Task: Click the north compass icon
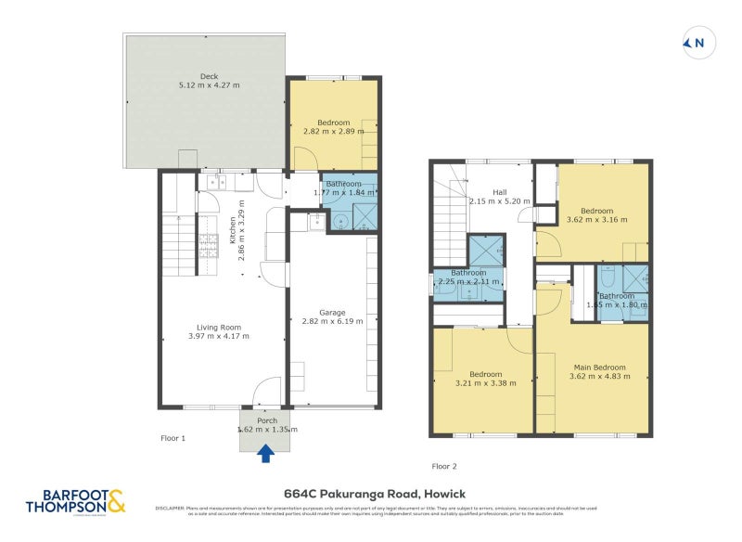pos(695,43)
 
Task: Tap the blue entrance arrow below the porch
pos(266,453)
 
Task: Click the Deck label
pos(209,76)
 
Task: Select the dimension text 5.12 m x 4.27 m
pos(209,85)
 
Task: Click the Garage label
pos(332,313)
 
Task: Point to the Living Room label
pos(219,327)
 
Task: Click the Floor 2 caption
pos(444,466)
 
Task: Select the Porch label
pos(267,420)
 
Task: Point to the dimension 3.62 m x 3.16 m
pos(598,220)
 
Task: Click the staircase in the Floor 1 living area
pos(176,243)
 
